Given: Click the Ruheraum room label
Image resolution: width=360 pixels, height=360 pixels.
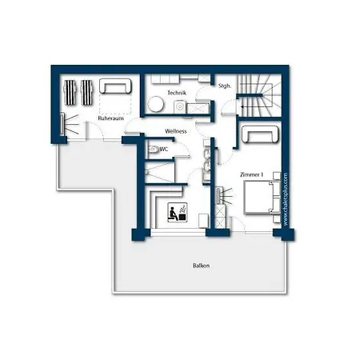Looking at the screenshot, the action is (x=110, y=118).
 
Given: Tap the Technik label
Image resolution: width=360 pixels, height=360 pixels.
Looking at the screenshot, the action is (x=177, y=93).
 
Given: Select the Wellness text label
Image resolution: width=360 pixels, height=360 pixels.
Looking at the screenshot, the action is (x=176, y=131).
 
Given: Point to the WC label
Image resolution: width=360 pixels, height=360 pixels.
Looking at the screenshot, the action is (x=164, y=150).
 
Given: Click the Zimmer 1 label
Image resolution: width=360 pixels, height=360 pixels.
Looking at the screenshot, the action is (x=251, y=174).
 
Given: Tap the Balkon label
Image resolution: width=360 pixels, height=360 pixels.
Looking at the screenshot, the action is (x=201, y=266).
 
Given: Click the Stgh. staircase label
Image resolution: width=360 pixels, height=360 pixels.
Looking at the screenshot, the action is (x=225, y=86).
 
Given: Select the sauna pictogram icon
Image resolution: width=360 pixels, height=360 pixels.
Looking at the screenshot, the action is (x=177, y=212).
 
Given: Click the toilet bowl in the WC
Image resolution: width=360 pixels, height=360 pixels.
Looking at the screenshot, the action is (x=153, y=149).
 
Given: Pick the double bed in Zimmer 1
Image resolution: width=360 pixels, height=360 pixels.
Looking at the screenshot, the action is (x=259, y=198).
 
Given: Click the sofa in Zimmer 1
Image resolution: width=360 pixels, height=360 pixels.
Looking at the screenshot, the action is (x=260, y=134).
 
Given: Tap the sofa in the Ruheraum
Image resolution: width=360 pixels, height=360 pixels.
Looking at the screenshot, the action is (x=115, y=86).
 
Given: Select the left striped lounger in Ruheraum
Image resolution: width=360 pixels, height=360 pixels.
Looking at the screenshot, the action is (x=70, y=92).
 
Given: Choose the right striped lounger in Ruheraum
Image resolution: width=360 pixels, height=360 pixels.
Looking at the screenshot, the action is (x=87, y=92).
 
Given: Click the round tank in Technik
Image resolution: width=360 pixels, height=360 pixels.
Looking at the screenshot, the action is (x=155, y=104).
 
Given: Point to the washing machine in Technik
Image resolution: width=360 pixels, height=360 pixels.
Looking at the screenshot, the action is (x=180, y=107).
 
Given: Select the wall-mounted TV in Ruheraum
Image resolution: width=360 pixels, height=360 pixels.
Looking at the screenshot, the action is (x=62, y=124).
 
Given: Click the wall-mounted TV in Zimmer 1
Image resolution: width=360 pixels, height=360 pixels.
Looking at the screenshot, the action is (x=218, y=196).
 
